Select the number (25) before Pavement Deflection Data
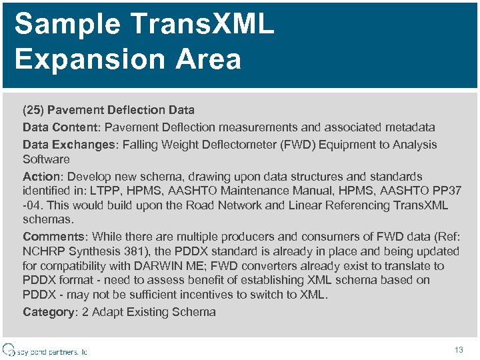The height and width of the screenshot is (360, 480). tap(33, 109)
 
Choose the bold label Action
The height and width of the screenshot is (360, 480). tap(41, 177)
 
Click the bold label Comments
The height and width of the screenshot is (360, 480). tap(54, 237)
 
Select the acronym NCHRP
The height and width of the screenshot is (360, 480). tap(42, 251)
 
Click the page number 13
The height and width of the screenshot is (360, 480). tap(458, 349)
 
